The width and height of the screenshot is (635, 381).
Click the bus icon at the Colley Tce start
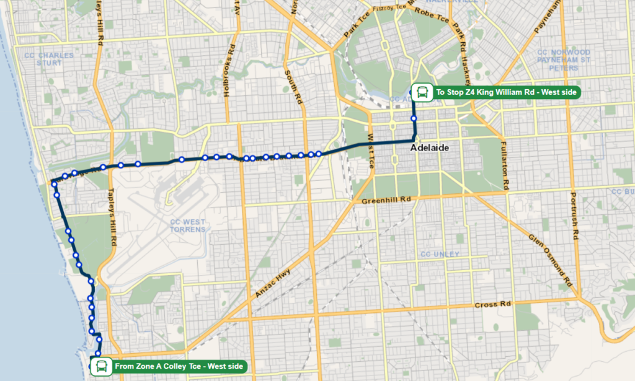coord(99,366)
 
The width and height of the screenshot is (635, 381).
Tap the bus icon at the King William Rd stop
coord(422,92)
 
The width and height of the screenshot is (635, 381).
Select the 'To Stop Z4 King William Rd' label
coord(506,92)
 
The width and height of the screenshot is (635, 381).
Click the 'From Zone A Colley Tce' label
coord(179,366)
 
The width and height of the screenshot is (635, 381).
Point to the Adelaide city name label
coord(429,149)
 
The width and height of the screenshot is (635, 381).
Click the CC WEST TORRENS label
coord(187,226)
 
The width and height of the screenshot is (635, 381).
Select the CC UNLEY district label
coord(440,255)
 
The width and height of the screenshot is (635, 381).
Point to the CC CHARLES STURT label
coord(48,59)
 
